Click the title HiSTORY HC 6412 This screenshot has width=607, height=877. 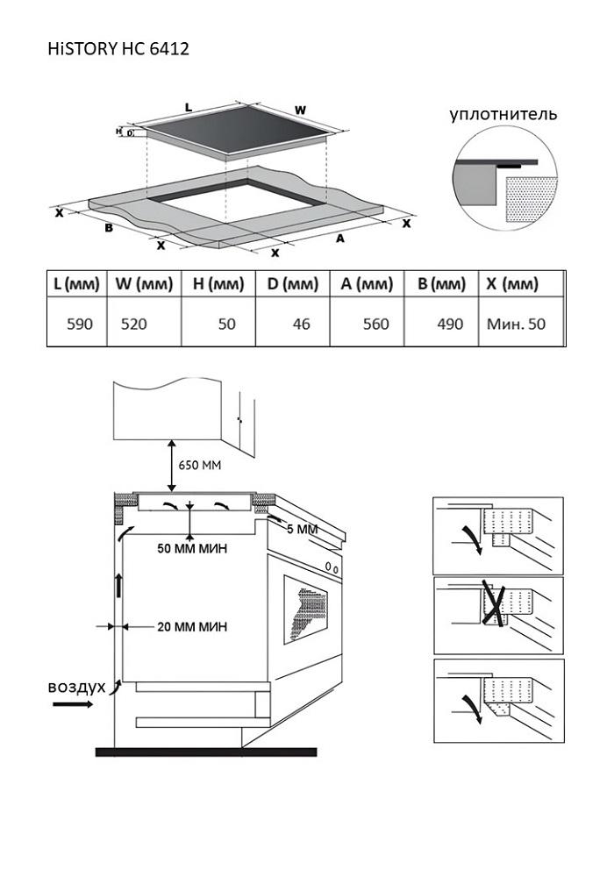[118, 49]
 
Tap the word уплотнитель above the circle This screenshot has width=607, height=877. [503, 114]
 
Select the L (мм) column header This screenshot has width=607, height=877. [76, 284]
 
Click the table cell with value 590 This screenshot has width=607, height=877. [80, 324]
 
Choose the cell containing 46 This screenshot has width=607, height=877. [302, 324]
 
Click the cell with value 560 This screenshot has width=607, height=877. [375, 324]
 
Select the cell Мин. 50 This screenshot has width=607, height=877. [516, 324]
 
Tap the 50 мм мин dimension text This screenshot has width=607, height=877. [192, 549]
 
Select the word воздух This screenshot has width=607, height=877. [76, 685]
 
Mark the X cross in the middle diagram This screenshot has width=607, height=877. [495, 606]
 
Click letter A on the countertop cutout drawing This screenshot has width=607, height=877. [339, 238]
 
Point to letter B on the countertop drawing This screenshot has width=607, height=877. [109, 228]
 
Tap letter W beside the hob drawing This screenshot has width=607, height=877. [300, 110]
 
